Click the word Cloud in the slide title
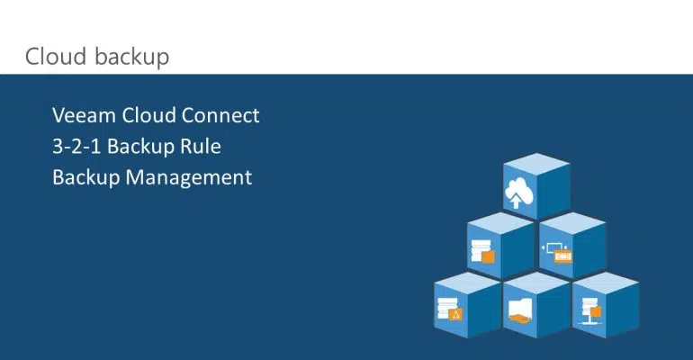coord(55,57)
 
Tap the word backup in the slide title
coord(131,58)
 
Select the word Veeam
coord(84,115)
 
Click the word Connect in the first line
coord(220,115)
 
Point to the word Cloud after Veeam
coord(148,115)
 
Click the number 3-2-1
coord(76,146)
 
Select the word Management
coord(189,178)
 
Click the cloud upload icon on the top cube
coord(519,193)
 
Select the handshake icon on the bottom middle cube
coord(520,311)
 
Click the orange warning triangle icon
coord(455,314)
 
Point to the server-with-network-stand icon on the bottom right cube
coord(591,311)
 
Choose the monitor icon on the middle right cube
coord(557,252)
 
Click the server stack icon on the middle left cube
coord(482,252)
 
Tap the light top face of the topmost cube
coord(536,164)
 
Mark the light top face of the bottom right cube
coord(606,283)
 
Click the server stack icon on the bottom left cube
coord(449,309)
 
